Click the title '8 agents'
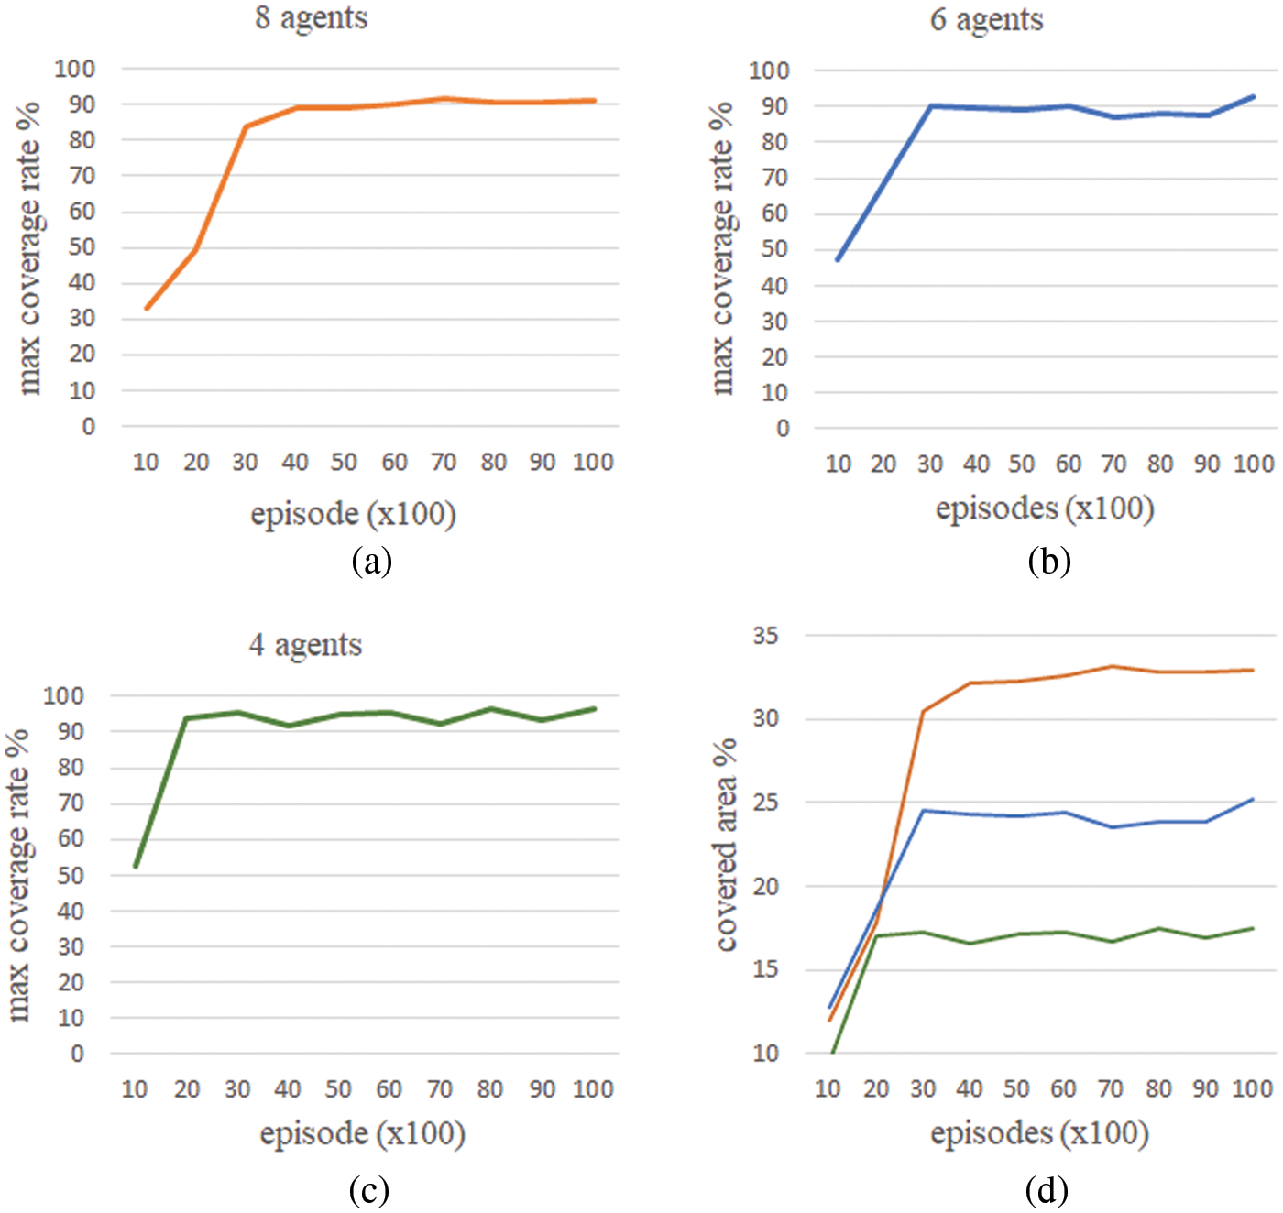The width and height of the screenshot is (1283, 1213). tap(311, 18)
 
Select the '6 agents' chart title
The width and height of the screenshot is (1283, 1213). tap(986, 20)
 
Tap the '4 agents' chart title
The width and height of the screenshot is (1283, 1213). tap(305, 645)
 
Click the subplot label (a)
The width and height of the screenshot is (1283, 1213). tap(371, 561)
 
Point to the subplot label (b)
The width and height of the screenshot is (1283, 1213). tap(1048, 561)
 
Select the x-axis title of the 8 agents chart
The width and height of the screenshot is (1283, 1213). tap(353, 513)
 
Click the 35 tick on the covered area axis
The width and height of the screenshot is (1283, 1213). tap(765, 636)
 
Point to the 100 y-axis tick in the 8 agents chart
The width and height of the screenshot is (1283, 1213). tap(74, 69)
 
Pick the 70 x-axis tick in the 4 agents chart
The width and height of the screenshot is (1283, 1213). tap(440, 1089)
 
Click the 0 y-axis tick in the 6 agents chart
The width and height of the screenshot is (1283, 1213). tap(782, 428)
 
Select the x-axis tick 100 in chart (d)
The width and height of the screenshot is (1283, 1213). tap(1252, 1089)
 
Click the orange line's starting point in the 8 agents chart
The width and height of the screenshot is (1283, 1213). tap(147, 309)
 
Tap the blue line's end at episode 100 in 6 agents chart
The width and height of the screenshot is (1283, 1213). tap(1253, 96)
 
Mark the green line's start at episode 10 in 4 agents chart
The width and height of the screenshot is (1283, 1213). tap(136, 866)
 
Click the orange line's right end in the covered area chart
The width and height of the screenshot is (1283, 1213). tap(1253, 670)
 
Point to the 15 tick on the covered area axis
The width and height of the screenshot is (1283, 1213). tap(765, 969)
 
